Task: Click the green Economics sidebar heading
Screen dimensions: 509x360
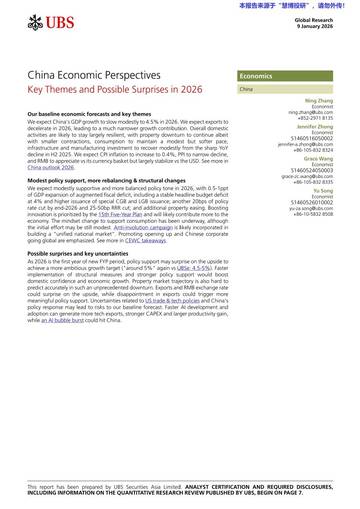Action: (258, 76)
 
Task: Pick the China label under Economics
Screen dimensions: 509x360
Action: (246, 89)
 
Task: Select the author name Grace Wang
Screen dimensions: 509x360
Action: (316, 159)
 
